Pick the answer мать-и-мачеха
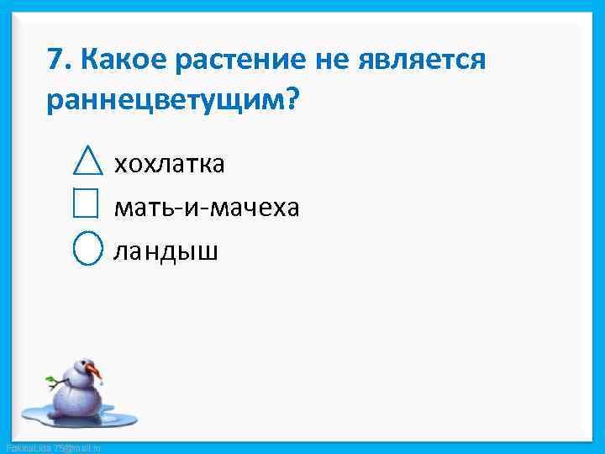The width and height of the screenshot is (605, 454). [x=206, y=206]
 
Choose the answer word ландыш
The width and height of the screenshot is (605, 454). [x=166, y=250]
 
